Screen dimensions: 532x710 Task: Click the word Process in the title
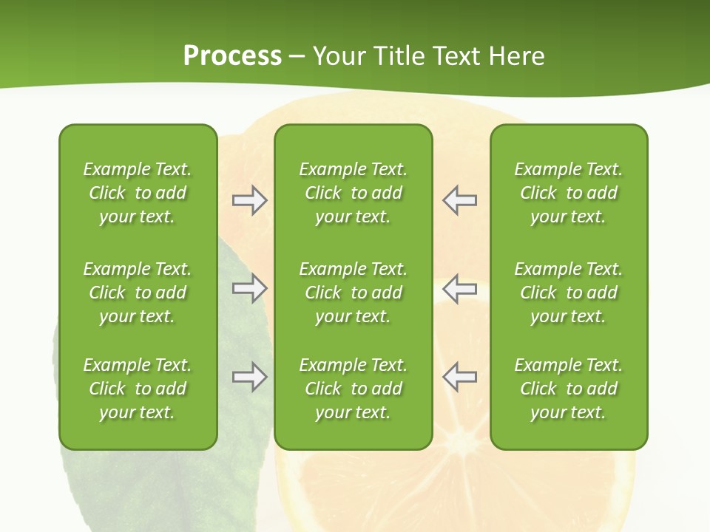(x=232, y=56)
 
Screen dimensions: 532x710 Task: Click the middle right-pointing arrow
(x=249, y=289)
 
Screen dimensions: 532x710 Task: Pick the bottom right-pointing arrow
(x=249, y=377)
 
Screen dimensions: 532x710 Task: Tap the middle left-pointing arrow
(x=459, y=289)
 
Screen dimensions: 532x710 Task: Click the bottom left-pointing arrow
(x=459, y=377)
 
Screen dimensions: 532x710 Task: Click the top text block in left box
(x=138, y=193)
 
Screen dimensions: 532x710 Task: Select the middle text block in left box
(x=138, y=293)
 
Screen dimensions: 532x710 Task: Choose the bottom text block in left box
(x=138, y=389)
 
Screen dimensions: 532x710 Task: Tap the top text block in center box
(x=353, y=193)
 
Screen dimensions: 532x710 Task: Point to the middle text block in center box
(x=353, y=293)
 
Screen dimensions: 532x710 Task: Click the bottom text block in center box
(x=353, y=389)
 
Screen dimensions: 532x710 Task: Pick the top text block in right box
(x=568, y=193)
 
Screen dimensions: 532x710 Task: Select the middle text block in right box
(x=568, y=293)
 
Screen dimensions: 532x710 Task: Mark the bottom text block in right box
(x=568, y=389)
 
